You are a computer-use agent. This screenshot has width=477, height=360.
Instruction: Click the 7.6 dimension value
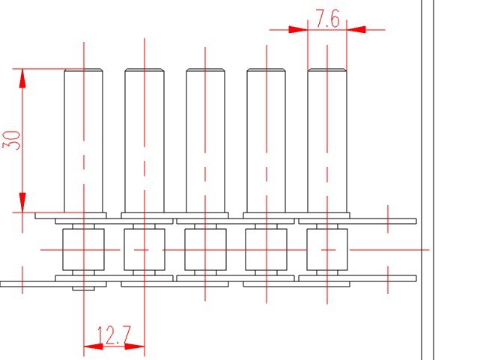point(327,19)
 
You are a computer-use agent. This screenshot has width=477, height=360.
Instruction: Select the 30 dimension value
point(11,140)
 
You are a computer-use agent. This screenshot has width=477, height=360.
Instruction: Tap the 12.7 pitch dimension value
point(114,335)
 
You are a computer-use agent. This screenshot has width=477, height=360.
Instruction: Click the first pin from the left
point(84,141)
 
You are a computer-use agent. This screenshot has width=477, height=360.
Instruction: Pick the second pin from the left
point(145,141)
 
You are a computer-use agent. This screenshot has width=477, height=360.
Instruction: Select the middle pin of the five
point(205,141)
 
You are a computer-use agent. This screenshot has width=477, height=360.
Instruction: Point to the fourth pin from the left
point(266,141)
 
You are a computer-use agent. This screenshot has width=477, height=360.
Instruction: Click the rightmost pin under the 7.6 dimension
point(327,141)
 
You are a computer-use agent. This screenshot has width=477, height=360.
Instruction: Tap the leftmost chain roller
point(83,250)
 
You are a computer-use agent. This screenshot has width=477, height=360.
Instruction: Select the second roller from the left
point(145,250)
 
